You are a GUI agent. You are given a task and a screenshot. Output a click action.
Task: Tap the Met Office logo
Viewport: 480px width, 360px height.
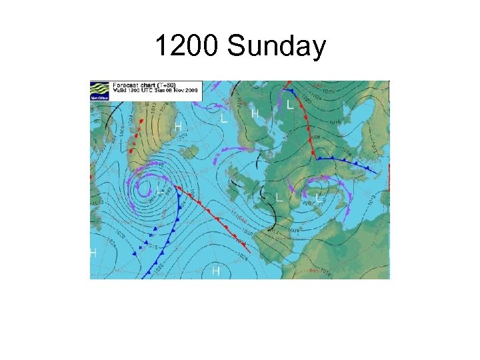click(x=99, y=91)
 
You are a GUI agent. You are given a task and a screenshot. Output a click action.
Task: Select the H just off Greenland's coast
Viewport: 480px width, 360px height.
click(x=178, y=126)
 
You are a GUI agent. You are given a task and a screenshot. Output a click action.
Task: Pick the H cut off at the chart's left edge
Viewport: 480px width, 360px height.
click(x=93, y=253)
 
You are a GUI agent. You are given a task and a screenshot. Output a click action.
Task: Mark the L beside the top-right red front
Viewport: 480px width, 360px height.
click(x=289, y=105)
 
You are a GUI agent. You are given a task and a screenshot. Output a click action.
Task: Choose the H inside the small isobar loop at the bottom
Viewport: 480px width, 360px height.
click(x=215, y=271)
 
